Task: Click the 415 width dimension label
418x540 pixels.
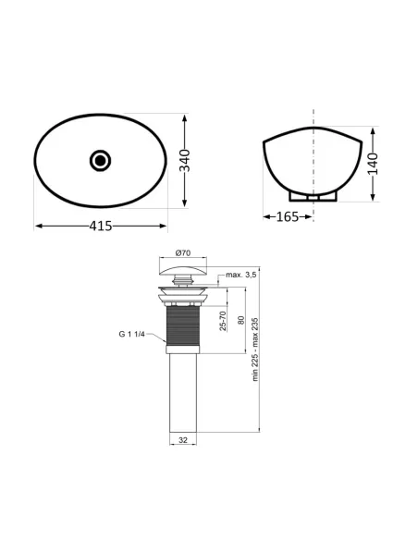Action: point(101,226)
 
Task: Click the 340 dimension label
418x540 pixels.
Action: point(185,161)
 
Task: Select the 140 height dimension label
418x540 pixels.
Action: point(373,164)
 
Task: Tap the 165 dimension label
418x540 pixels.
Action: point(288,216)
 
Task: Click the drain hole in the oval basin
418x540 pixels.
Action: point(100,160)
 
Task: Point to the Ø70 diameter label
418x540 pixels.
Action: point(183,252)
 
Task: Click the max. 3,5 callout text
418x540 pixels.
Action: point(241,275)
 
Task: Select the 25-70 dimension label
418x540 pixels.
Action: point(223,321)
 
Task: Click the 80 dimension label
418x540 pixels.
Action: point(241,320)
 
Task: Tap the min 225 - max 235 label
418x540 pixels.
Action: point(255,350)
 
